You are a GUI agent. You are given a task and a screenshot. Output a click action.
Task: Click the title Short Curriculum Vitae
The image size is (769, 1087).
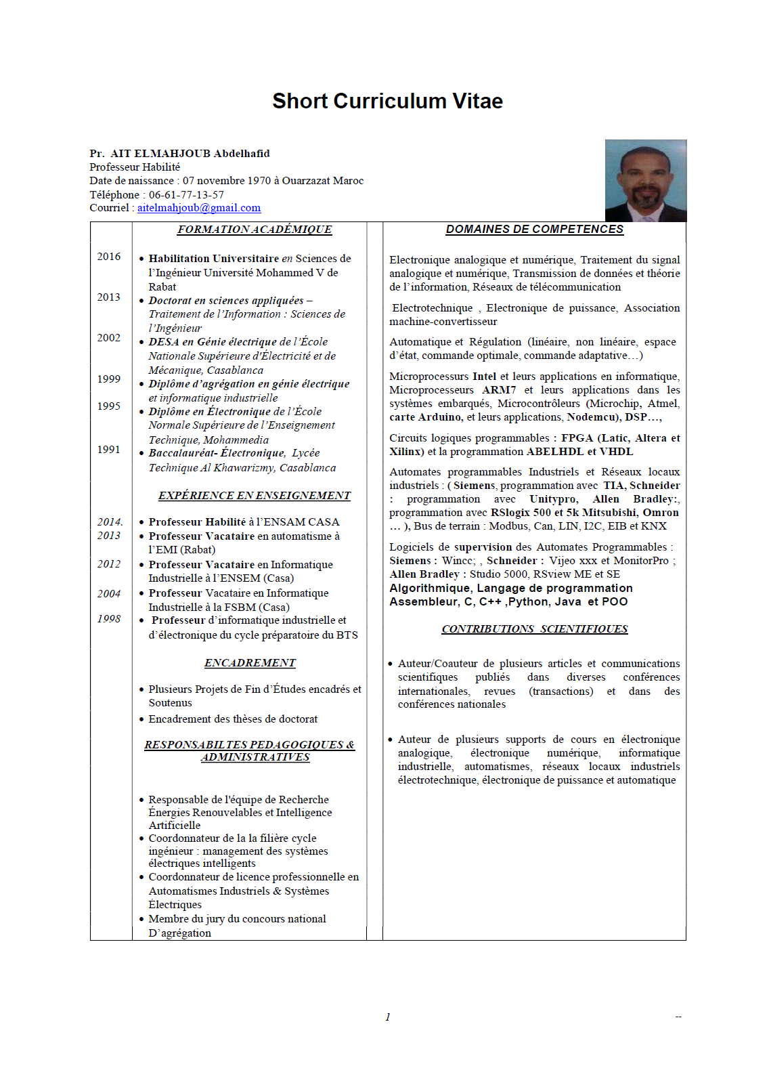coord(387,101)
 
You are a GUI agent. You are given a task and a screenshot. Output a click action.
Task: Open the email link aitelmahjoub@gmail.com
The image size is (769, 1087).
coord(198,208)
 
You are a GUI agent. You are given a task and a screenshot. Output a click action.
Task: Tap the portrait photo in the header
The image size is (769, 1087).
coord(645,181)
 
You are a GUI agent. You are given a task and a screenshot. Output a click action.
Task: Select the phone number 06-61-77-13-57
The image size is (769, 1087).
coord(186,194)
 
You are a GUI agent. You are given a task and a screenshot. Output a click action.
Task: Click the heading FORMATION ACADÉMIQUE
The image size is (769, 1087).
coord(255,230)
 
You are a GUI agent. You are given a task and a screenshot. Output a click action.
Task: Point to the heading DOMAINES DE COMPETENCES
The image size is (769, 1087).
coord(534,230)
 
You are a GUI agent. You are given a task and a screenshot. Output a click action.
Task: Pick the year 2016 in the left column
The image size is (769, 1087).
coord(108,257)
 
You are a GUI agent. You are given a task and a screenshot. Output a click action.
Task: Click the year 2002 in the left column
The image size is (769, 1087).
coord(108,338)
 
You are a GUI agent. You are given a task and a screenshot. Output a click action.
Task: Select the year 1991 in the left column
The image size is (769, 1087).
coord(108,450)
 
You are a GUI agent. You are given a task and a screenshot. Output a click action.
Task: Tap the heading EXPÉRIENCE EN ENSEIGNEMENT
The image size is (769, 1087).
coord(255,496)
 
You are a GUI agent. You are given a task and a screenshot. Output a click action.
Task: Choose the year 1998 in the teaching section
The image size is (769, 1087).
coord(108,619)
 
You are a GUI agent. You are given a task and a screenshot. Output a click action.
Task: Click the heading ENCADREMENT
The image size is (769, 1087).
coord(250,663)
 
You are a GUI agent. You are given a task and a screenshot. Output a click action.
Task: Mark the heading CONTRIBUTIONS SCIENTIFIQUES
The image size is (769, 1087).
coord(534,629)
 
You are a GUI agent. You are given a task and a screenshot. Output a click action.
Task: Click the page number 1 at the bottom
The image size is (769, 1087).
coord(387,1017)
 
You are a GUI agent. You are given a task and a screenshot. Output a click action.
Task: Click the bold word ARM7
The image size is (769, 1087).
coord(499,390)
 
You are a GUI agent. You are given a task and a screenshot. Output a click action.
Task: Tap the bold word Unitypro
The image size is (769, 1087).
coord(554,499)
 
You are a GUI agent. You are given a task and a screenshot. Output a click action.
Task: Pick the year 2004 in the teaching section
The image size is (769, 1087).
coord(108,594)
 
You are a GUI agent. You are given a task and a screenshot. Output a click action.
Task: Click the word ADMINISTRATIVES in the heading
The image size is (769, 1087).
coord(255,757)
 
